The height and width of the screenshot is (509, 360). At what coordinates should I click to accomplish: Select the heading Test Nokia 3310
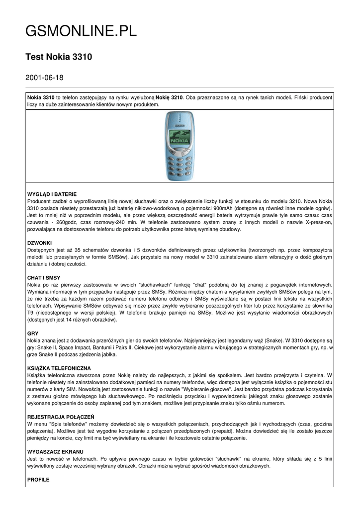(x=59, y=57)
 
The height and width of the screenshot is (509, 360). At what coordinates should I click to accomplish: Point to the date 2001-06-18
(x=44, y=78)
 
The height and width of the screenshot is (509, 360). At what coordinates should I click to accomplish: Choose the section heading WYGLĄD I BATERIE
(x=52, y=193)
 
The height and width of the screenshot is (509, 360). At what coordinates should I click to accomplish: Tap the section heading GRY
(x=33, y=333)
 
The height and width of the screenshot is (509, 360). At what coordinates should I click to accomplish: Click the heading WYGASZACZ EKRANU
(x=55, y=452)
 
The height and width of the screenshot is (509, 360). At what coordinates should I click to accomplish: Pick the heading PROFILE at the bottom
(x=38, y=480)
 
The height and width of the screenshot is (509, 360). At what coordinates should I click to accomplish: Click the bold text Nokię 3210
(x=170, y=97)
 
